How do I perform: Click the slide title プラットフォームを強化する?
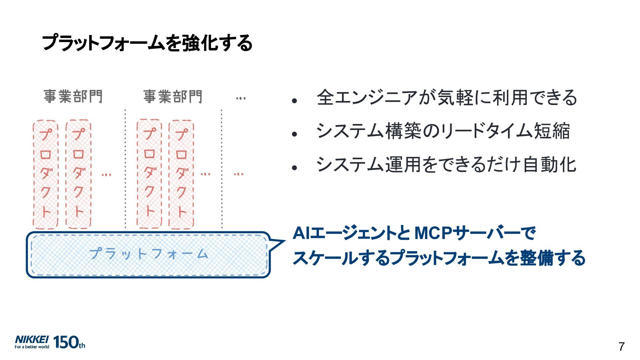coord(147,43)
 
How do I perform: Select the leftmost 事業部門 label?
coord(73,97)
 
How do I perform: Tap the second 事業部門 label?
coord(173,97)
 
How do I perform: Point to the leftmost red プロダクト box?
coord(46,174)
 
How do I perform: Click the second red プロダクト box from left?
coord(78,174)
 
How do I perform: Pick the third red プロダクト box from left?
coord(149,174)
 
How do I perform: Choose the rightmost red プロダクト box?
coord(181,174)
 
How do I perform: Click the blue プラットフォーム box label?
coord(148,254)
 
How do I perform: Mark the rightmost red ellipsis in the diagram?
coord(238,174)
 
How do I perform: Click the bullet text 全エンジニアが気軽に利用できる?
coord(447,98)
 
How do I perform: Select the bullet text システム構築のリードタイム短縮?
coord(443,131)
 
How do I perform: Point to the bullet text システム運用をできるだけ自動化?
coord(446,165)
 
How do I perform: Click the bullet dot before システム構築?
coord(294,134)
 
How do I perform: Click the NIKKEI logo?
coord(32,340)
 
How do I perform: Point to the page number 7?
coord(621,347)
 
